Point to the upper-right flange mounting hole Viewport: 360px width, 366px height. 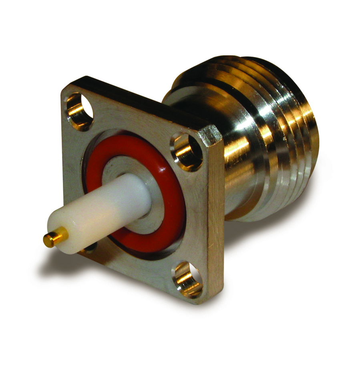pyautogui.click(x=187, y=151)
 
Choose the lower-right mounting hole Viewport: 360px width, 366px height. pyautogui.click(x=188, y=278)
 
